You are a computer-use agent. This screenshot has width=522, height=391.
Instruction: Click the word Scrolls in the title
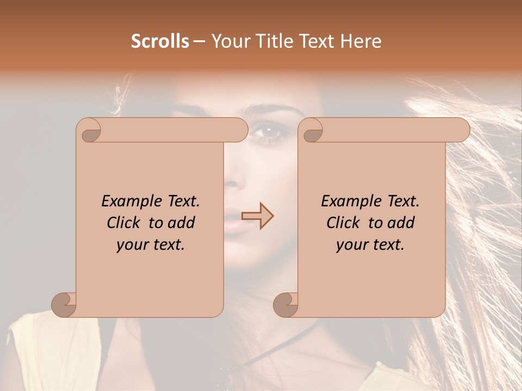pyautogui.click(x=160, y=41)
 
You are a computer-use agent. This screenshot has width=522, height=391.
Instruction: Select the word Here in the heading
pyautogui.click(x=361, y=41)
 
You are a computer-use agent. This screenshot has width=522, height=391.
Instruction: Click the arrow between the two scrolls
pyautogui.click(x=258, y=216)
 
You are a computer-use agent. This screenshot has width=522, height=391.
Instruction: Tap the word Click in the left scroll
pyautogui.click(x=125, y=223)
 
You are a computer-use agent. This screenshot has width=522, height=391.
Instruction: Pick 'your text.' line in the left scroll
pyautogui.click(x=151, y=245)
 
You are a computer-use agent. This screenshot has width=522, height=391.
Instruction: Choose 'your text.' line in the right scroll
pyautogui.click(x=370, y=245)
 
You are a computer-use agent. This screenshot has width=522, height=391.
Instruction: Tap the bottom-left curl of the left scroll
pyautogui.click(x=64, y=304)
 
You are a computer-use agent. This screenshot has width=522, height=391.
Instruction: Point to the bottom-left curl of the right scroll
pyautogui.click(x=286, y=304)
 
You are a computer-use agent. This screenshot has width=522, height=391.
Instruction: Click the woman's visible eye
pyautogui.click(x=270, y=131)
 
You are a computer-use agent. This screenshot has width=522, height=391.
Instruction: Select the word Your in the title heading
pyautogui.click(x=228, y=41)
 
